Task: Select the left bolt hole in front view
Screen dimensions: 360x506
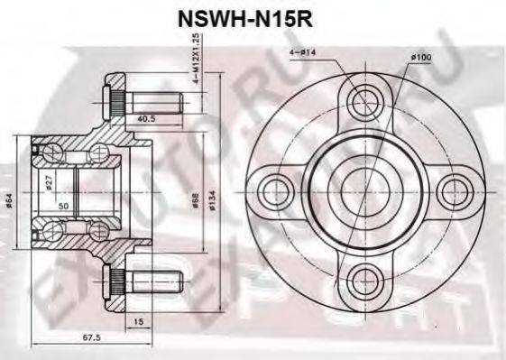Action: tap(275, 190)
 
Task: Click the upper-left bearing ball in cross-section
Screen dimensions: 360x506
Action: tap(51, 150)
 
